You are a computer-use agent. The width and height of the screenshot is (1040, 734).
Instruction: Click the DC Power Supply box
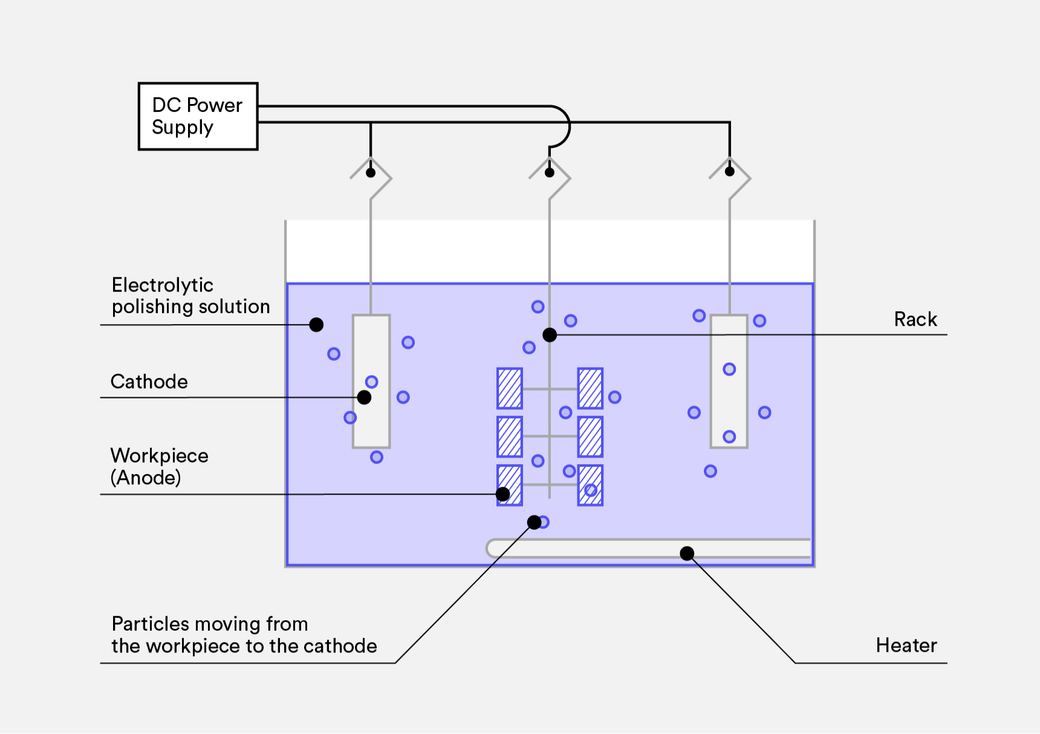[x=198, y=116]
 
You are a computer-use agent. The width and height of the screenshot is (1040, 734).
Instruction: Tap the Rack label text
[x=915, y=319]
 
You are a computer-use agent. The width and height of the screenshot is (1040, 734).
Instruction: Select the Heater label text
[x=906, y=646]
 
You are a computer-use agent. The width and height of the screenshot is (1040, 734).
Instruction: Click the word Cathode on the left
[x=149, y=382]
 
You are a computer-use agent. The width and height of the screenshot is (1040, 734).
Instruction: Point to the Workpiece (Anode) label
[x=158, y=467]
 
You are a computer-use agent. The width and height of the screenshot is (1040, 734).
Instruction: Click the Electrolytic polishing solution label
[x=190, y=296]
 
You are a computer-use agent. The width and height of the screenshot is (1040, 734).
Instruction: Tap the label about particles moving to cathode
[x=243, y=635]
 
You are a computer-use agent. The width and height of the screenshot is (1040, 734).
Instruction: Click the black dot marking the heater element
[x=687, y=553]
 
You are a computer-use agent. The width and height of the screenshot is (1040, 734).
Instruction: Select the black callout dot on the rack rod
[x=550, y=334]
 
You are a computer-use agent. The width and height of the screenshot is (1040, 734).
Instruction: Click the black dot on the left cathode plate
[x=364, y=397]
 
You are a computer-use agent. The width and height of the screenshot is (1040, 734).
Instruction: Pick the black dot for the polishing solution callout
[x=316, y=325]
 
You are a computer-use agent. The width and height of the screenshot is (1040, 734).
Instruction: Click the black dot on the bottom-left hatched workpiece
[x=502, y=494]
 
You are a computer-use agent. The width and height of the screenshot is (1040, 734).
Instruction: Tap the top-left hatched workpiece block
[x=510, y=388]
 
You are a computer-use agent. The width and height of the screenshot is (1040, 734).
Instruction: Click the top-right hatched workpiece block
[x=590, y=388]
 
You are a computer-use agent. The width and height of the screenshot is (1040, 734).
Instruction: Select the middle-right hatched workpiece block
[x=590, y=437]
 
